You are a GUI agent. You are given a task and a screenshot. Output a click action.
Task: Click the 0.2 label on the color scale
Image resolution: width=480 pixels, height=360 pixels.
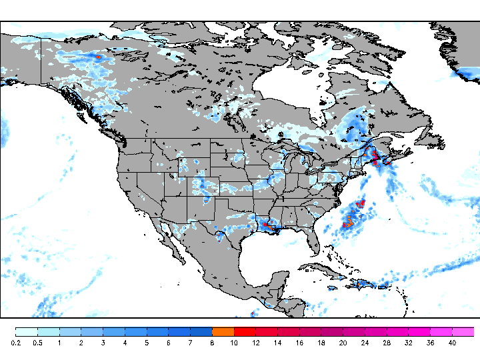[x=15, y=343]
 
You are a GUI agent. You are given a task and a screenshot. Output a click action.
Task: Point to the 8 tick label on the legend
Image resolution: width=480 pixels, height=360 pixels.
[x=212, y=343]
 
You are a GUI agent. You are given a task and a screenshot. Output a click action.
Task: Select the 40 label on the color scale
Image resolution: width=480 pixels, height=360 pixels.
[x=452, y=343]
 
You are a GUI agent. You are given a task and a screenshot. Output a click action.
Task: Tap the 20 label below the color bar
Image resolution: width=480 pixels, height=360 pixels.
[x=343, y=343]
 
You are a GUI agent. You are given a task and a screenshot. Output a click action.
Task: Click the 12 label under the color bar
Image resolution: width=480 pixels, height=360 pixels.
[x=255, y=343]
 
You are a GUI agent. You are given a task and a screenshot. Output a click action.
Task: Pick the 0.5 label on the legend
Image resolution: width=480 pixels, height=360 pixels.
[x=37, y=343]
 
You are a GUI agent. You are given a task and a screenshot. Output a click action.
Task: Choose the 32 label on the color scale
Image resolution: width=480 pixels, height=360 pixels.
[x=408, y=343]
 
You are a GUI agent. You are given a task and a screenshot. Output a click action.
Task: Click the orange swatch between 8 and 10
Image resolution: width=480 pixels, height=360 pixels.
[x=223, y=331]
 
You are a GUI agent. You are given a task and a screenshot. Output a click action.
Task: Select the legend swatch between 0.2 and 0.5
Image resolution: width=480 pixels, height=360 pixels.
[x=26, y=331]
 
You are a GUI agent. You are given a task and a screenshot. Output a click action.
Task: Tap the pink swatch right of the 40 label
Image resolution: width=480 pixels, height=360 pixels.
[x=463, y=331]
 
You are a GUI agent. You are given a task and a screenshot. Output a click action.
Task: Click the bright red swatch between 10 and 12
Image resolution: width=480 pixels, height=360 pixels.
[x=245, y=331]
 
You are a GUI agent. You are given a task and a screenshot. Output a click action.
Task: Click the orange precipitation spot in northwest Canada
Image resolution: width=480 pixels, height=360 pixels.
[x=99, y=57]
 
